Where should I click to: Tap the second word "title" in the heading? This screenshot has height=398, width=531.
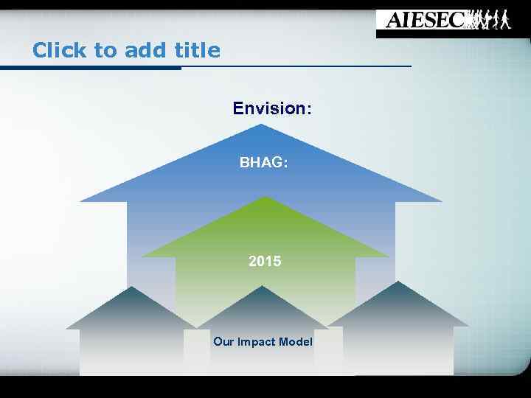pos(197,50)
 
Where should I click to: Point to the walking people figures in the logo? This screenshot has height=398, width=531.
pos(490,20)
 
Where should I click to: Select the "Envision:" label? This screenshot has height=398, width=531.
pos(272,109)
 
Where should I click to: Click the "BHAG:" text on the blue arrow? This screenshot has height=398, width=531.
pos(263,163)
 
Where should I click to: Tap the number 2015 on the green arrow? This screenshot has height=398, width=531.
pos(265,261)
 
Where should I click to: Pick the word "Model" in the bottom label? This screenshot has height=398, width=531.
pos(296,342)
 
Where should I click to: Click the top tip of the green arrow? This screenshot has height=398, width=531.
pos(265,198)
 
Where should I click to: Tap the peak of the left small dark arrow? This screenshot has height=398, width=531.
pos(132,287)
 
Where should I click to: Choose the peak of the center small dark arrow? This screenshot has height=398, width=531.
pos(263,287)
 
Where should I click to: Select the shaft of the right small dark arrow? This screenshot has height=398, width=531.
pos(398,350)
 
